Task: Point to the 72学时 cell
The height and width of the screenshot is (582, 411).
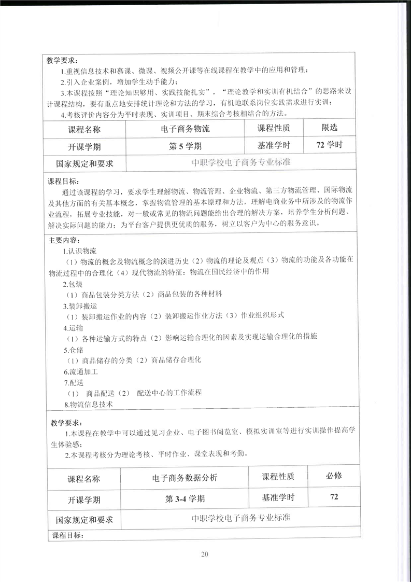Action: click(329, 145)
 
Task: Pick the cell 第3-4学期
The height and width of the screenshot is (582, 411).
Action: click(185, 499)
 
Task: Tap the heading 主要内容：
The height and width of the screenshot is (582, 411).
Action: click(64, 241)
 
